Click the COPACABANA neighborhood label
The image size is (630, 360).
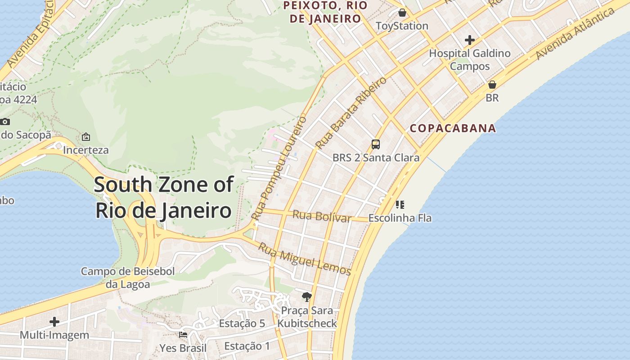(453, 128)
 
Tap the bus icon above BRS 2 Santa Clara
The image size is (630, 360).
(376, 144)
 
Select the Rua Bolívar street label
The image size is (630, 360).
(322, 216)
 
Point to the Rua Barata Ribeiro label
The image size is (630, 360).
(351, 113)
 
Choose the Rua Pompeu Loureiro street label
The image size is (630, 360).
(279, 168)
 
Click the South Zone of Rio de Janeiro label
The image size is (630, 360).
(164, 198)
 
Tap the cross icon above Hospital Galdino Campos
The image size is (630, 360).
(470, 40)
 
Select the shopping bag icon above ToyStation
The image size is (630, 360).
(402, 13)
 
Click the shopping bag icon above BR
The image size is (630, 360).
(492, 85)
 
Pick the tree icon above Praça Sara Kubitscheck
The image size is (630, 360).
(307, 297)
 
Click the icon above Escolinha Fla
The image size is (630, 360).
(400, 205)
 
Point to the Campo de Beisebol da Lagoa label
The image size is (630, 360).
(128, 278)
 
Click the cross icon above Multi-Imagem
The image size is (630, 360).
(54, 322)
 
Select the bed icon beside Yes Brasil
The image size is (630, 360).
(183, 335)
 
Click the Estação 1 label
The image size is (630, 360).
(247, 346)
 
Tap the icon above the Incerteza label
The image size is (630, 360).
(86, 137)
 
